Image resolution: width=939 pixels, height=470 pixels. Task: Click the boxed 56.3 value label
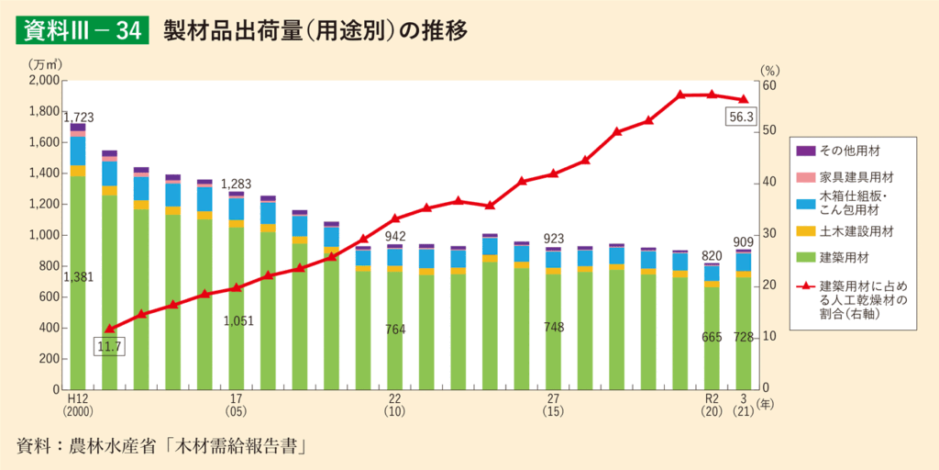(740, 117)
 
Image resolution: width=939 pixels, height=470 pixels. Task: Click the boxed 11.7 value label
(109, 346)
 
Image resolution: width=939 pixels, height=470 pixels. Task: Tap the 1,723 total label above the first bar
(79, 117)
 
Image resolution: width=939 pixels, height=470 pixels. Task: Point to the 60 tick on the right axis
(768, 84)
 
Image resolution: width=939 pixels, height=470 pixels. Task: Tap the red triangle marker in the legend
(806, 285)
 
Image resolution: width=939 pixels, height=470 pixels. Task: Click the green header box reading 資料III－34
(81, 30)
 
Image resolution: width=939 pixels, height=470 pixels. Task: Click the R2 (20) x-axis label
(711, 406)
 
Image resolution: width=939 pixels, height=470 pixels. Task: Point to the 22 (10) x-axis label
(395, 406)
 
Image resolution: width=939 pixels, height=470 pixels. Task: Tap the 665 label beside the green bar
(712, 337)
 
